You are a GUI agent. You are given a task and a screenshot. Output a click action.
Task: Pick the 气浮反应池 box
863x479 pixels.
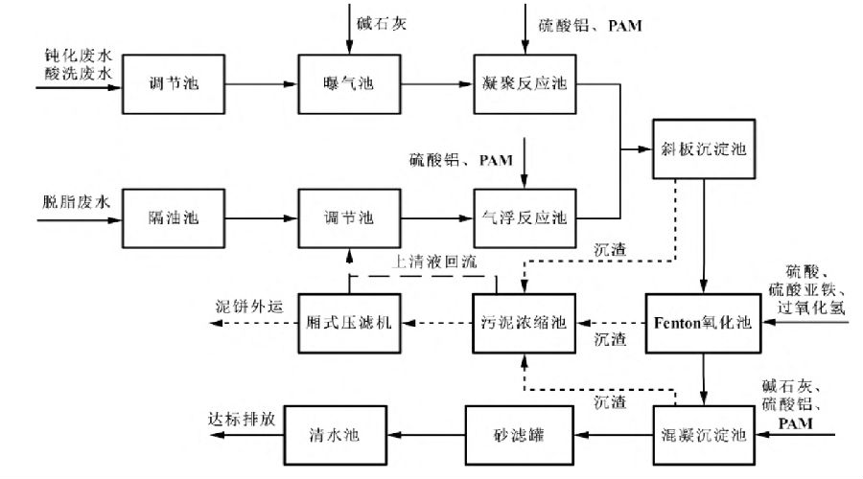point(523,218)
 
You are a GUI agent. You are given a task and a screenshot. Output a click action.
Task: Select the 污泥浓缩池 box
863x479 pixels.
point(523,323)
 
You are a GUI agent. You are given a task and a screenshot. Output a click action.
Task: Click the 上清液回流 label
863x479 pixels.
point(435,261)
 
